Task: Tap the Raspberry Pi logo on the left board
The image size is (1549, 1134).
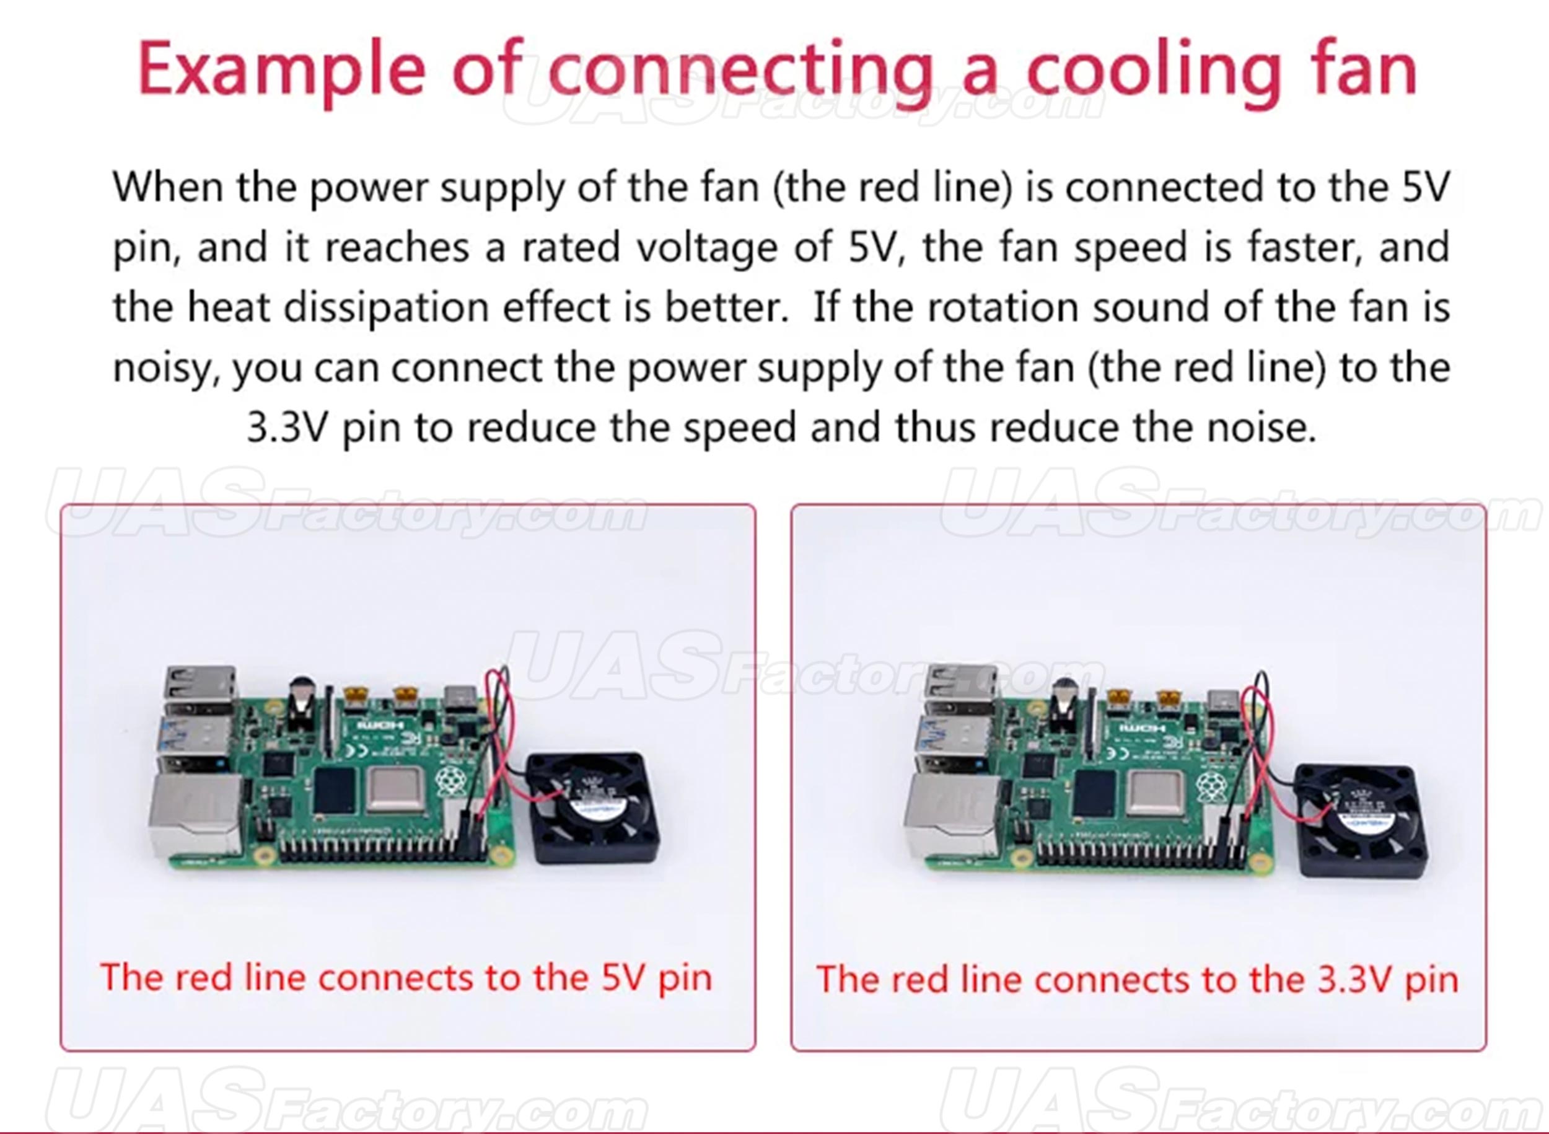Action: coord(451,783)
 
